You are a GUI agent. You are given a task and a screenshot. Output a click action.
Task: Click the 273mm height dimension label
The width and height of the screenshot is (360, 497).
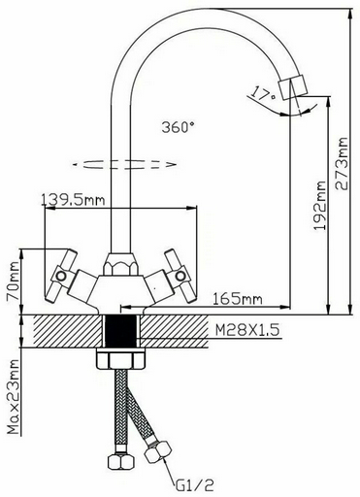[342, 164]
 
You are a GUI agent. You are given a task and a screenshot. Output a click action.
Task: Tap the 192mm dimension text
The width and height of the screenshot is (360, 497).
[320, 206]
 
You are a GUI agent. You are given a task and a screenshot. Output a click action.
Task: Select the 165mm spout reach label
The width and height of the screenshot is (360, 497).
[237, 299]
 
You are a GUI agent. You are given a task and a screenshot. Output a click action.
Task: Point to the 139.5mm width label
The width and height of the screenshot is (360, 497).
[73, 200]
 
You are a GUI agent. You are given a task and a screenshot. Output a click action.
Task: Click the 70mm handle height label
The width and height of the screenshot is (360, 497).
[13, 282]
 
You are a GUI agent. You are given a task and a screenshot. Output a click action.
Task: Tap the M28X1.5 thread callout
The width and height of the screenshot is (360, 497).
[247, 330]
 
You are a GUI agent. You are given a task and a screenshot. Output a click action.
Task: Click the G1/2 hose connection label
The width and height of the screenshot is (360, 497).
[195, 484]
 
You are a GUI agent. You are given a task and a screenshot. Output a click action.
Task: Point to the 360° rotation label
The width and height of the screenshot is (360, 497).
[180, 127]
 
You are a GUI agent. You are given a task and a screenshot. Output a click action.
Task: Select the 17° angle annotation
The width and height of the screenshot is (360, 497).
[263, 93]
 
